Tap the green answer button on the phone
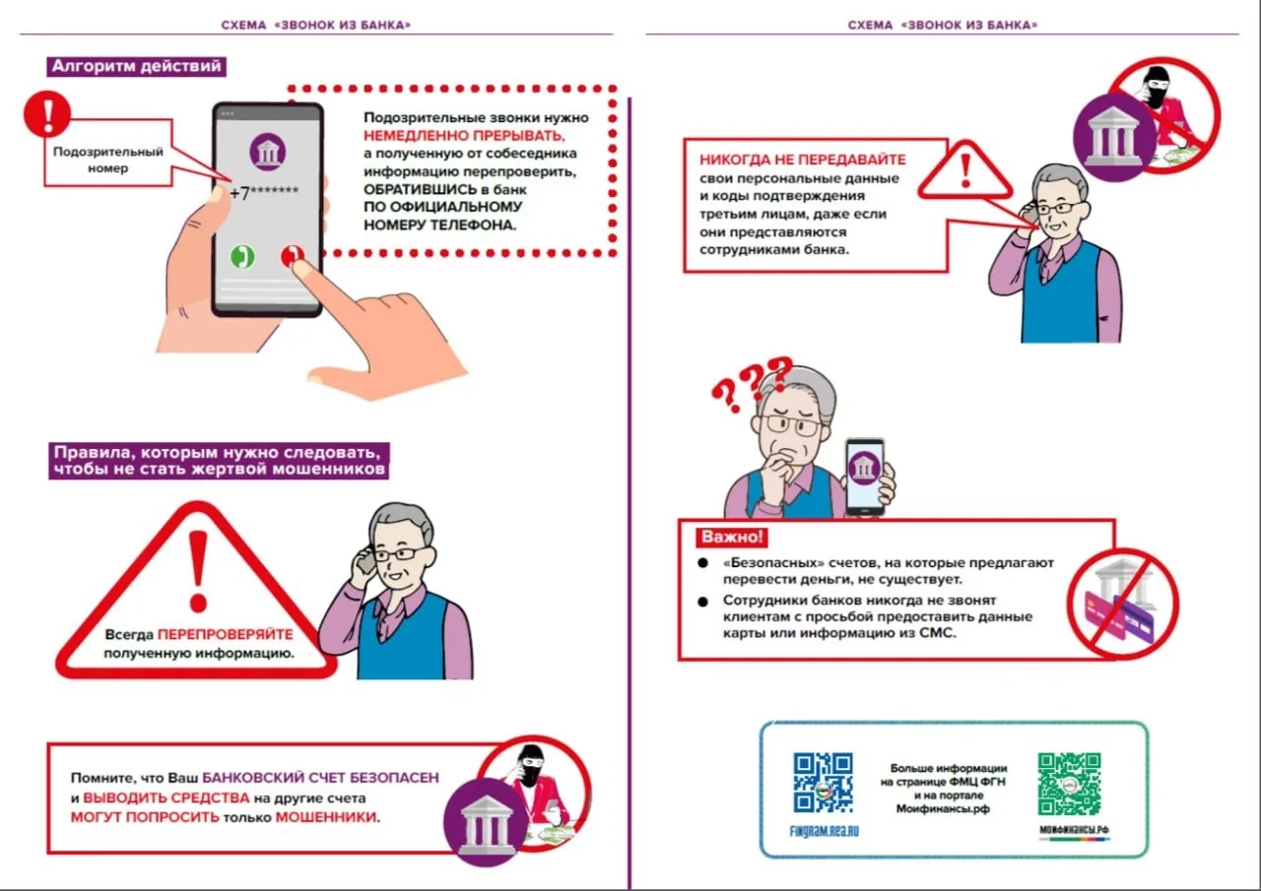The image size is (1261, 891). (242, 257)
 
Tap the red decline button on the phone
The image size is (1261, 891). (292, 257)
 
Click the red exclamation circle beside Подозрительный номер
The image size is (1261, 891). (47, 113)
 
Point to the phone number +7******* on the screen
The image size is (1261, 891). (264, 193)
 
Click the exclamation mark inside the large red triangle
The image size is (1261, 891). (198, 571)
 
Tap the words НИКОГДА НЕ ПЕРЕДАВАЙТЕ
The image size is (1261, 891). (802, 159)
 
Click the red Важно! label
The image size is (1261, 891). (731, 538)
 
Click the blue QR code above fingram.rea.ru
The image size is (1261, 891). (823, 782)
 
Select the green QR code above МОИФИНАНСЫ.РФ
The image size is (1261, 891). (1069, 785)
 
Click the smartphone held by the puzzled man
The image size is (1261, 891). (865, 475)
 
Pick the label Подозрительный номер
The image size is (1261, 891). (108, 159)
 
